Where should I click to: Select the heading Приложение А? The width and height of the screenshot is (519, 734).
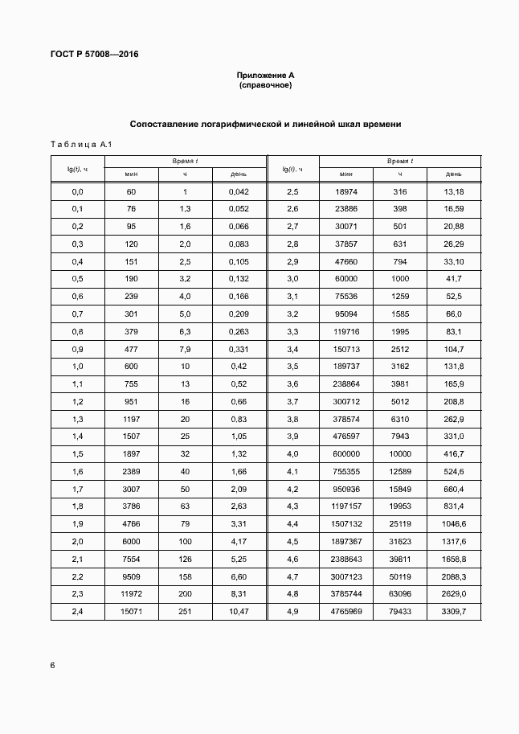point(265,75)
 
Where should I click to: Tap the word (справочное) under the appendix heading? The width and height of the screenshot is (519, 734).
point(265,85)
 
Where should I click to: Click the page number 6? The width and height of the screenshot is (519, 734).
point(53,666)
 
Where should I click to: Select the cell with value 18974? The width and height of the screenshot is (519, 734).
point(345,191)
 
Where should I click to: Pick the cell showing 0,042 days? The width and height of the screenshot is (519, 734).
point(239,191)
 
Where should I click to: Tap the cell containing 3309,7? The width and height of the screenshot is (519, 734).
point(453,613)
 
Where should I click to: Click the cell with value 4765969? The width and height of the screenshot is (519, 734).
point(345,613)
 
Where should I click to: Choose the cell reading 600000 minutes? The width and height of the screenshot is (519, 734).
point(345,454)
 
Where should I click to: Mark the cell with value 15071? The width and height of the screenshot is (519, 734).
point(132,613)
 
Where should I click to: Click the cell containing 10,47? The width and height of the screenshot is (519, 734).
point(239,613)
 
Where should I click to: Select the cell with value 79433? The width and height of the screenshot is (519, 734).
point(399,613)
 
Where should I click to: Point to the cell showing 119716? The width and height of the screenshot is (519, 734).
point(345,332)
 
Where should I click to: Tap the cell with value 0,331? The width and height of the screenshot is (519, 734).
point(239,349)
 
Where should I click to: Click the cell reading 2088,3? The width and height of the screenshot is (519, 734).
point(453,577)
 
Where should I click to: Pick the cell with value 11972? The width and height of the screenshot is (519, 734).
point(132,595)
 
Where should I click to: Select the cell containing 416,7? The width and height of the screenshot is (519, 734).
point(453,454)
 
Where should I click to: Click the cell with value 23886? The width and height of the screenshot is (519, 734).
point(345,209)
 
